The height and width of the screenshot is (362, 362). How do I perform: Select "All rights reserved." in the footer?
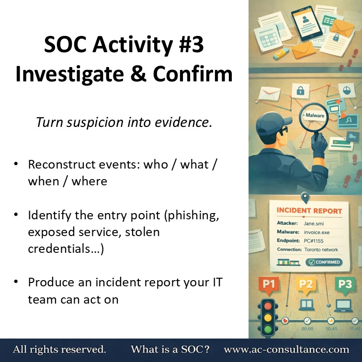[x=59, y=350]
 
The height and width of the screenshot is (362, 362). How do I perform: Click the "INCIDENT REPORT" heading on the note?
[x=309, y=211]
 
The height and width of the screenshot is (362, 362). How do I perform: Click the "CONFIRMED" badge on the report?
[x=324, y=262]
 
